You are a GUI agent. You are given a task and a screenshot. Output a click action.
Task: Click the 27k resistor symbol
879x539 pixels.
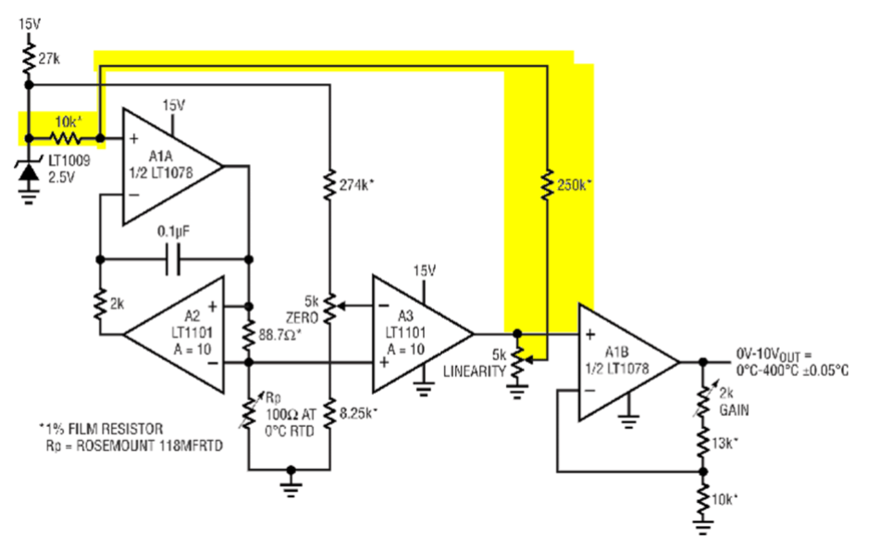tap(29, 58)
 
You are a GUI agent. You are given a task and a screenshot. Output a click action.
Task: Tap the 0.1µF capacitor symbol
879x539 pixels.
tap(174, 259)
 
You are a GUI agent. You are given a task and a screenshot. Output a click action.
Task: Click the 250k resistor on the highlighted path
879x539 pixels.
tap(547, 184)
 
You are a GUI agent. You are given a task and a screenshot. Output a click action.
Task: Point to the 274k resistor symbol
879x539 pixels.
tap(329, 184)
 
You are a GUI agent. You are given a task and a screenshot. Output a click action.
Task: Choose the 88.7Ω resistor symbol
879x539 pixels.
tap(249, 335)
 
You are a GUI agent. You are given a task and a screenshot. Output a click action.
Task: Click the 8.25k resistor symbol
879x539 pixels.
tap(329, 413)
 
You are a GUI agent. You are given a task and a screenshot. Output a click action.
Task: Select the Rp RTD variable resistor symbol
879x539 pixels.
tap(250, 412)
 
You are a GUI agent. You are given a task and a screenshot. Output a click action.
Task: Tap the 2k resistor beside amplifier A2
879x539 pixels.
tap(100, 305)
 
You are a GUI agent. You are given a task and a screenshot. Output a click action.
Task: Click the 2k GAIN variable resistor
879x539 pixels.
tap(704, 399)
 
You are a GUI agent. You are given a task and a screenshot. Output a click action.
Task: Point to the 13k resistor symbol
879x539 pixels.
tap(703, 443)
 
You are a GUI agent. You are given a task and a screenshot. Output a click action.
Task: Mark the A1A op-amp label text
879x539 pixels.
tap(161, 156)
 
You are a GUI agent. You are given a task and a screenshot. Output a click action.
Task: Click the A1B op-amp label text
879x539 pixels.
tap(616, 352)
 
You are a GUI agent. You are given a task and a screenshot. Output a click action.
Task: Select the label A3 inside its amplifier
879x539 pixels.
tap(404, 315)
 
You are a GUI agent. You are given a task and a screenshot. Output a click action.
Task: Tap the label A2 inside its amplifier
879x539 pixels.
tap(192, 315)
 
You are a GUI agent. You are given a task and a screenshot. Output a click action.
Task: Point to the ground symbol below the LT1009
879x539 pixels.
tap(29, 196)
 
